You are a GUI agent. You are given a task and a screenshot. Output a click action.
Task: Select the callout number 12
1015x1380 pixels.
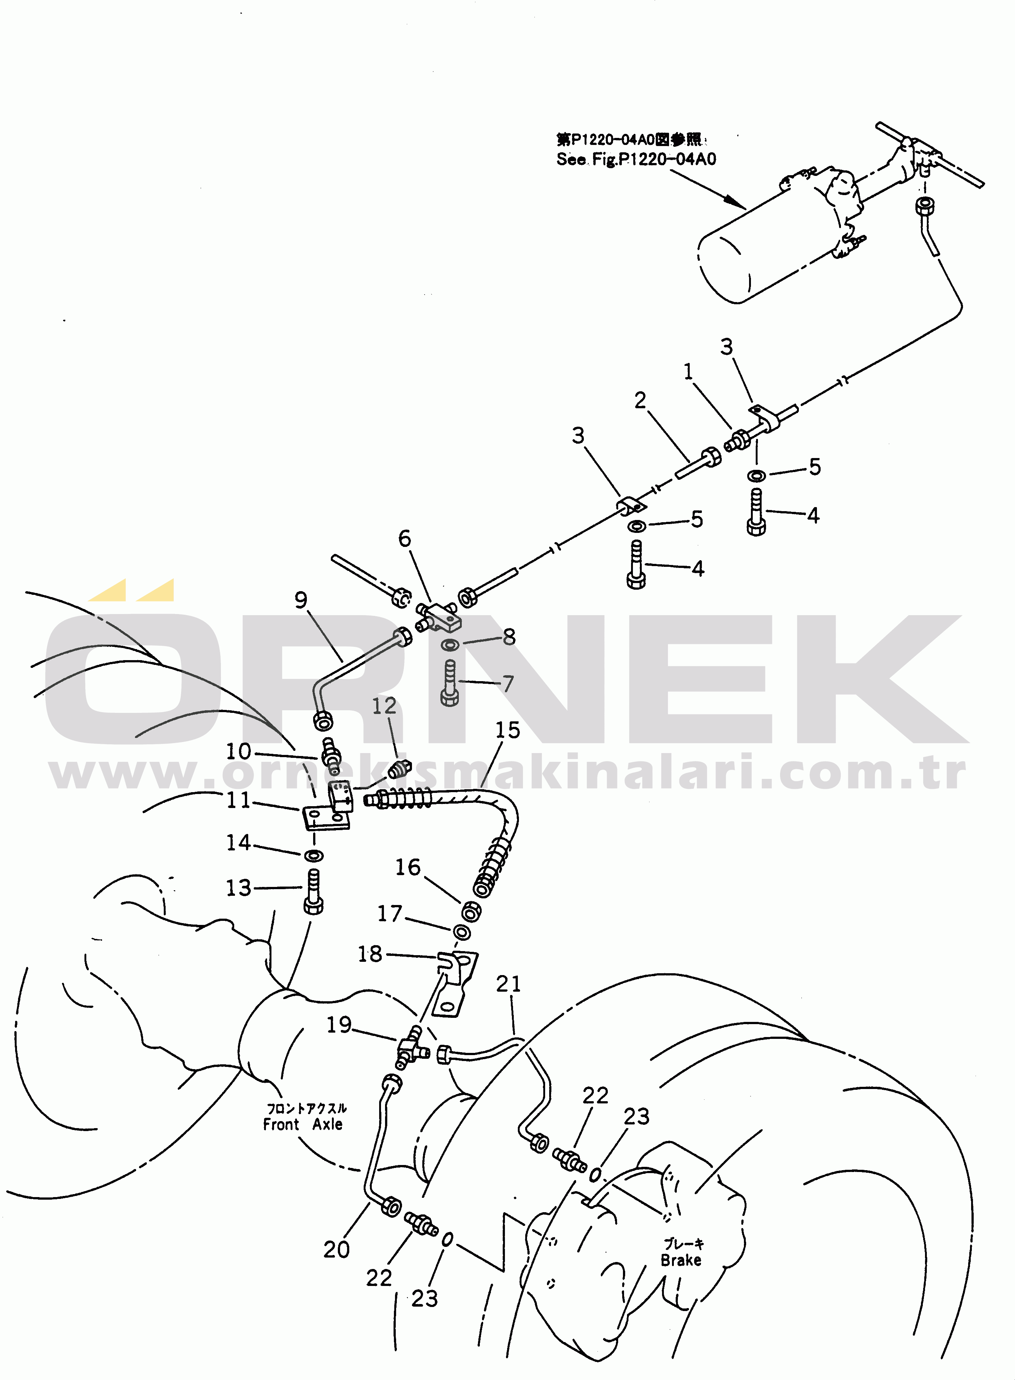(x=384, y=706)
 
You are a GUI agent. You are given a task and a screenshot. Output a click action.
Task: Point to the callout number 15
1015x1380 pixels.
(x=507, y=730)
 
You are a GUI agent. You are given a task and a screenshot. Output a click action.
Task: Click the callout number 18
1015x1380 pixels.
(x=370, y=954)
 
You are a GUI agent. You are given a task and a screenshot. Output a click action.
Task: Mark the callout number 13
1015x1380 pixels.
(x=238, y=888)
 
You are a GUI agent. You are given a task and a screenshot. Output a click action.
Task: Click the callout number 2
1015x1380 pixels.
(x=640, y=400)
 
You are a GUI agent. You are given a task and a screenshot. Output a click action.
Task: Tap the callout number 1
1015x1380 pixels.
(x=688, y=371)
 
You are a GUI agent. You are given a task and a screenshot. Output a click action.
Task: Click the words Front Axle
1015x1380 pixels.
(x=303, y=1124)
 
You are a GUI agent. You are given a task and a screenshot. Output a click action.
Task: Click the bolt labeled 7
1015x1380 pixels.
(x=450, y=683)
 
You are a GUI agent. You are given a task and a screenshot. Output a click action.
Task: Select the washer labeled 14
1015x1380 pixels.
(x=314, y=856)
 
